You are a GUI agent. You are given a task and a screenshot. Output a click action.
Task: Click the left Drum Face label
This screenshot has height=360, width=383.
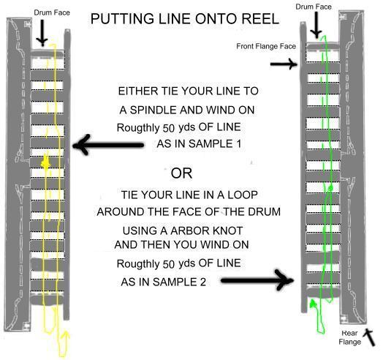point(52,12)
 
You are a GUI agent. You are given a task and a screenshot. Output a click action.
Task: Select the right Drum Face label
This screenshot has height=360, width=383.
point(314,7)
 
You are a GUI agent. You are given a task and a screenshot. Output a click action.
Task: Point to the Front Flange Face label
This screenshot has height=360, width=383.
point(266,46)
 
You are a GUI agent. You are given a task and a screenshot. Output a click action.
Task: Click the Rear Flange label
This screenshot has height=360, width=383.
point(350,337)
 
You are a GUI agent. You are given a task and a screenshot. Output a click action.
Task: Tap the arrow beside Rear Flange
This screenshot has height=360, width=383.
point(369,337)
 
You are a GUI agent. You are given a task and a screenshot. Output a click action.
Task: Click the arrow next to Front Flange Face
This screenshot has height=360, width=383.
point(284,64)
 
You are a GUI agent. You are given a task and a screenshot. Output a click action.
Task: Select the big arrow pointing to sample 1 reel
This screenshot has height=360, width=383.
point(108,145)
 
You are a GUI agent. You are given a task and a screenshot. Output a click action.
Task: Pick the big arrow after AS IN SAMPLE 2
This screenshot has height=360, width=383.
point(257,280)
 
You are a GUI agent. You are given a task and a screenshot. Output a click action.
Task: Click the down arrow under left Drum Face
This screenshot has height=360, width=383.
point(42,33)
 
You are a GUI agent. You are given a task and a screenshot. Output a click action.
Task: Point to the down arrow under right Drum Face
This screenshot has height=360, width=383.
point(316,25)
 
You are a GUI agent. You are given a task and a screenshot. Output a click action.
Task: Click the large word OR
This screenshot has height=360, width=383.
point(181,173)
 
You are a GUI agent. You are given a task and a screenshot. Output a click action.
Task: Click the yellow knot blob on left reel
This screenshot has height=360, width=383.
point(46,162)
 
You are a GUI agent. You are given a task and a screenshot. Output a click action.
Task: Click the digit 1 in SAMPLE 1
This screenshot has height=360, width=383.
point(238,143)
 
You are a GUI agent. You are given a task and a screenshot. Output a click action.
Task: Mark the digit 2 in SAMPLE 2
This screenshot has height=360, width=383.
point(202,282)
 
